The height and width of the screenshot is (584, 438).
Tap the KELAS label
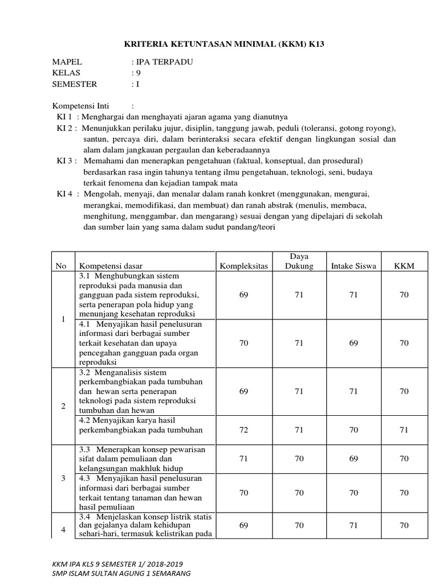tap(66, 73)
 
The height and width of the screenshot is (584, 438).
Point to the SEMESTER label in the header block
tap(75, 84)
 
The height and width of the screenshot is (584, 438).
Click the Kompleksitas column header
tap(244, 266)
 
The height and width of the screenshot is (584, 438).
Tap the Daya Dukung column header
tap(299, 261)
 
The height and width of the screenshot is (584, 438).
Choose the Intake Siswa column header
tap(354, 266)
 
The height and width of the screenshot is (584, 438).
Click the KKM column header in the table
tap(404, 266)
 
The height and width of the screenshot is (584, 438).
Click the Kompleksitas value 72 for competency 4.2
tap(244, 430)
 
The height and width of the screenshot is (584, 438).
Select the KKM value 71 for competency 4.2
tap(404, 430)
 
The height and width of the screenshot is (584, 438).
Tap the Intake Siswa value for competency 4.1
tap(354, 343)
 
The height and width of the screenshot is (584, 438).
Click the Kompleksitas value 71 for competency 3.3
tap(244, 458)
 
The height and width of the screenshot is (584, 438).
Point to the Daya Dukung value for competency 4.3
tap(299, 492)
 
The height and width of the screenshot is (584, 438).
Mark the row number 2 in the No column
tap(63, 405)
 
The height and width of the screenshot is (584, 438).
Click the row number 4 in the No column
tap(63, 530)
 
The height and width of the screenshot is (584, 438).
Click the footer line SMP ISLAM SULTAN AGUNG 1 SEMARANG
tap(121, 573)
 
